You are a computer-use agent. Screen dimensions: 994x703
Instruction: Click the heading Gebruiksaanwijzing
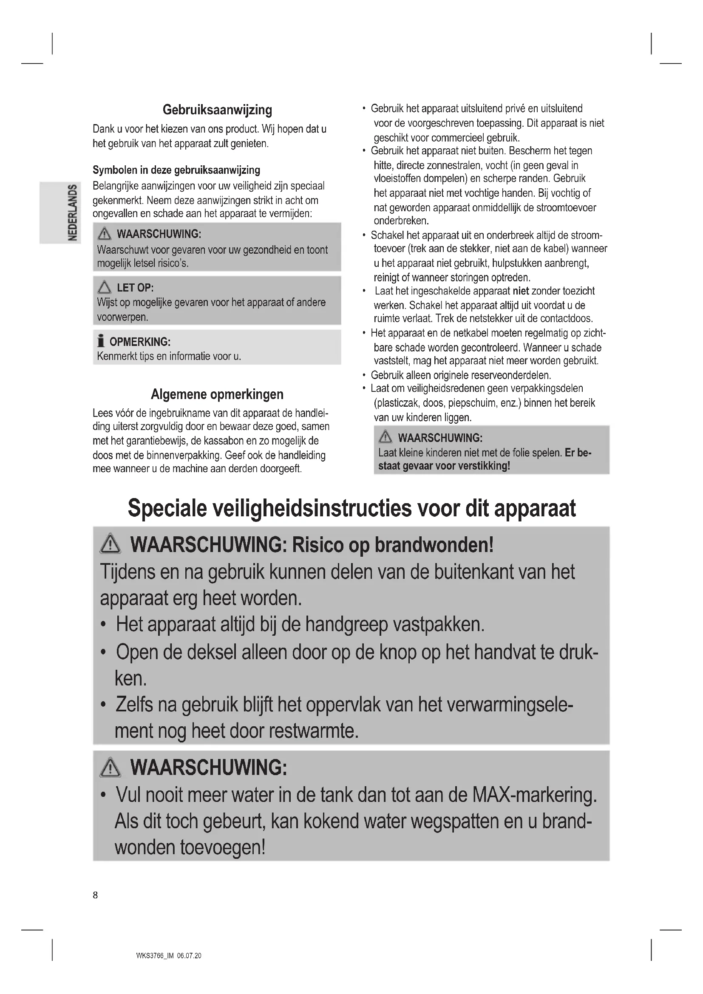pos(217,110)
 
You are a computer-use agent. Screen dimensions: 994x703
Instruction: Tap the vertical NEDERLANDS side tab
pos(73,212)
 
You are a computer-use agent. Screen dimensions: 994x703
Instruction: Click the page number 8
pos(95,895)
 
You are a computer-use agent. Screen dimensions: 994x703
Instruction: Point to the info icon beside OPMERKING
pos(101,341)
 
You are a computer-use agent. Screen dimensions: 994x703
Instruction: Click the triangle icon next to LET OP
pos(104,287)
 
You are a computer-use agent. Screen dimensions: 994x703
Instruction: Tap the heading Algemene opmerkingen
pos(217,394)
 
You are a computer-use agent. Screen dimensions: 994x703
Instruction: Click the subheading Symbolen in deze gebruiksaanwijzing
pos(176,170)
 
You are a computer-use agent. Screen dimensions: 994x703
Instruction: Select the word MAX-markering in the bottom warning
pos(534,795)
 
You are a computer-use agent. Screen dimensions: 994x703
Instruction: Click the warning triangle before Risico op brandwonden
pos(111,544)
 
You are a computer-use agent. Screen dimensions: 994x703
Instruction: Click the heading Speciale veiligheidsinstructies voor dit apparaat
pos(351,508)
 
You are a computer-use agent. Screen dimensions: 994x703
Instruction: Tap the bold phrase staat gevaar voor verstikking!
pos(444,466)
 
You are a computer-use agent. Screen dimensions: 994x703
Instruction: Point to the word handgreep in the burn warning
pos(346,625)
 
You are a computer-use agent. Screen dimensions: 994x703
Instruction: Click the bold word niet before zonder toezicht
pos(521,291)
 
